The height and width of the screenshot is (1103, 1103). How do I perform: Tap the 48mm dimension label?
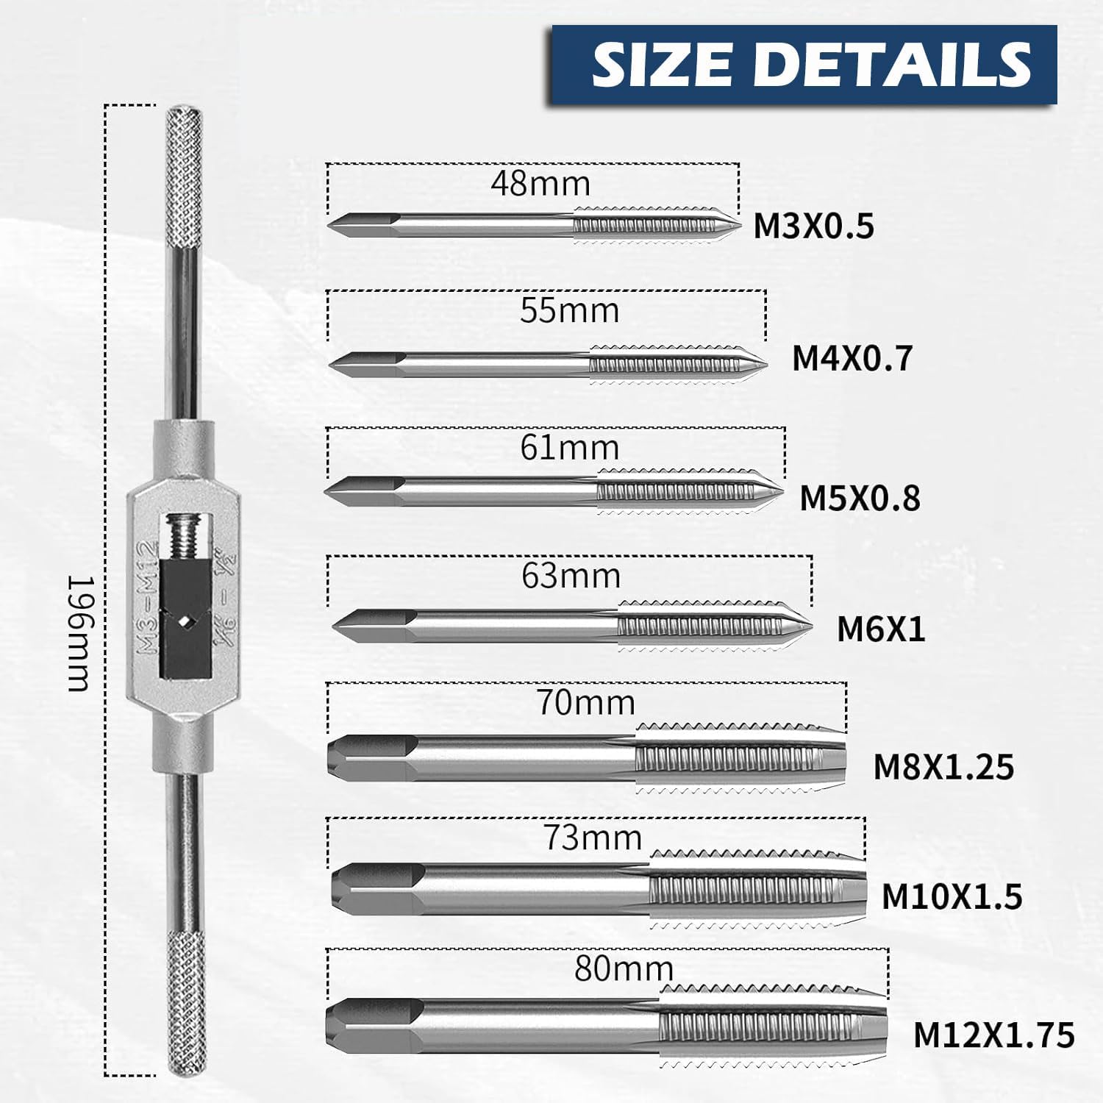tap(540, 184)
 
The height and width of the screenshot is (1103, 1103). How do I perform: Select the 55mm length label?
tap(569, 310)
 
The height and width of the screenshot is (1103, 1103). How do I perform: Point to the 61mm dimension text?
tap(569, 448)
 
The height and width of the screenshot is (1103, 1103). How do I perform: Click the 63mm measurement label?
tap(571, 576)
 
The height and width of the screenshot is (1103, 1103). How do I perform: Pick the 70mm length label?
tap(585, 703)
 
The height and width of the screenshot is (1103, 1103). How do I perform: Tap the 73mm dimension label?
tap(593, 838)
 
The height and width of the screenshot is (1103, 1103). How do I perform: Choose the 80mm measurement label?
tap(624, 969)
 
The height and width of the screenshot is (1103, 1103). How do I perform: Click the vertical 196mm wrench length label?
tap(80, 634)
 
